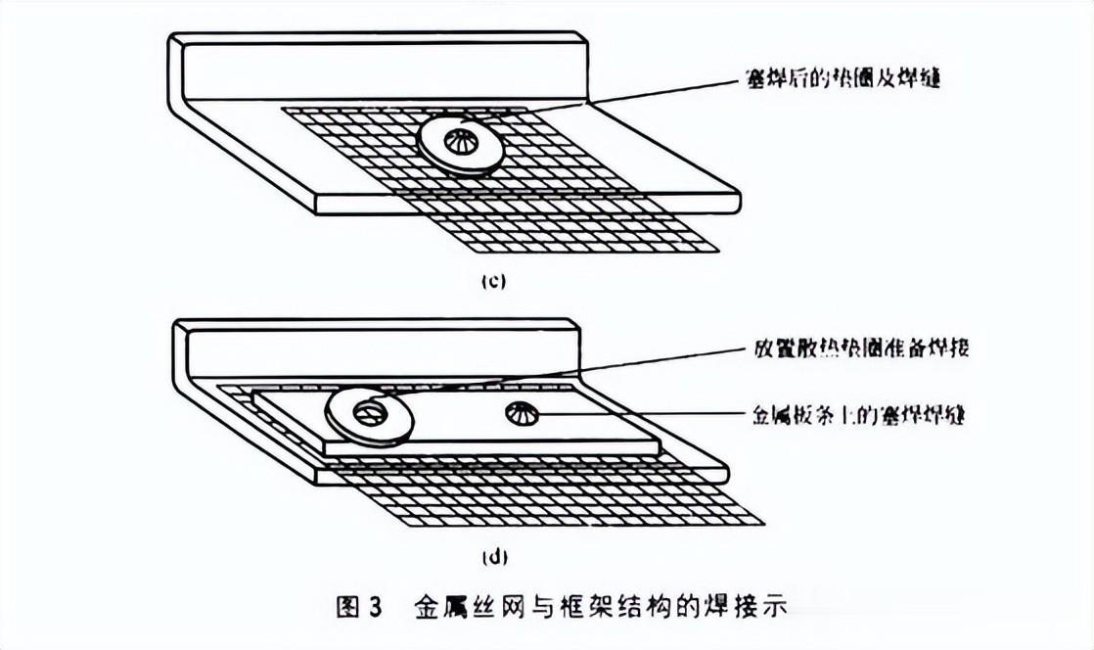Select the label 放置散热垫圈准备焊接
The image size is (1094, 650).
tap(861, 348)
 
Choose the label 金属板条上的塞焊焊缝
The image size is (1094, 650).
tap(859, 415)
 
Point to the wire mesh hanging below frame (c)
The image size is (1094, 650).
tap(587, 230)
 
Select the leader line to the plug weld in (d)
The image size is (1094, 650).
tap(636, 415)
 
